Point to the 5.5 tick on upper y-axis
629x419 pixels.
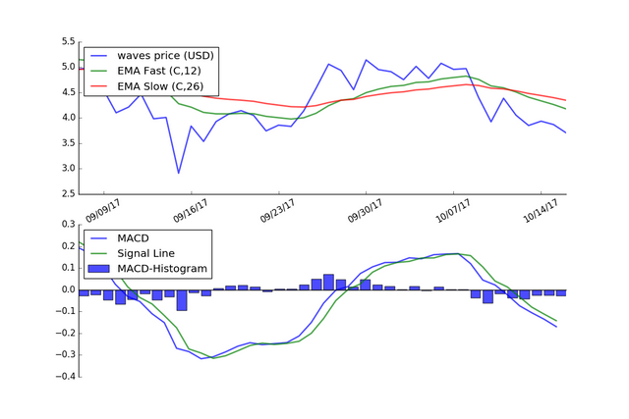point(67,42)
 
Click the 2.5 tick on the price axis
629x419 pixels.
point(67,194)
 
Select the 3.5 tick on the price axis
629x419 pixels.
point(67,143)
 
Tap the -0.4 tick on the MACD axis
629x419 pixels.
point(64,377)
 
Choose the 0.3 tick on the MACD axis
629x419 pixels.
point(67,225)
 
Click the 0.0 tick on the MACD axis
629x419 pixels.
point(67,289)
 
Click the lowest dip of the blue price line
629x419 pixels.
point(179,173)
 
